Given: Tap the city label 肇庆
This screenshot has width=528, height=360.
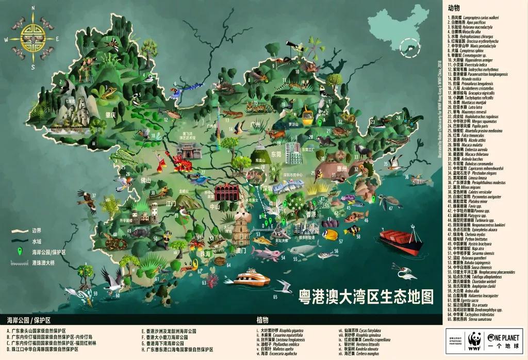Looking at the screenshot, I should pyautogui.click(x=109, y=115).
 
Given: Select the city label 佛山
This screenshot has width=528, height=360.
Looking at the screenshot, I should pyautogui.click(x=146, y=180).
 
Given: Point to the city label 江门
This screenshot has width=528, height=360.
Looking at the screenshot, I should pyautogui.click(x=172, y=203).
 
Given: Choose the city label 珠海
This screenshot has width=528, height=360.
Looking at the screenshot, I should pyautogui.click(x=206, y=253).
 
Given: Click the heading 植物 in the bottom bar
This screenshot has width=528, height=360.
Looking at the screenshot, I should pyautogui.click(x=262, y=320).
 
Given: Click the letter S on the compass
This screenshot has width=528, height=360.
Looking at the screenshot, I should pyautogui.click(x=32, y=67).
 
